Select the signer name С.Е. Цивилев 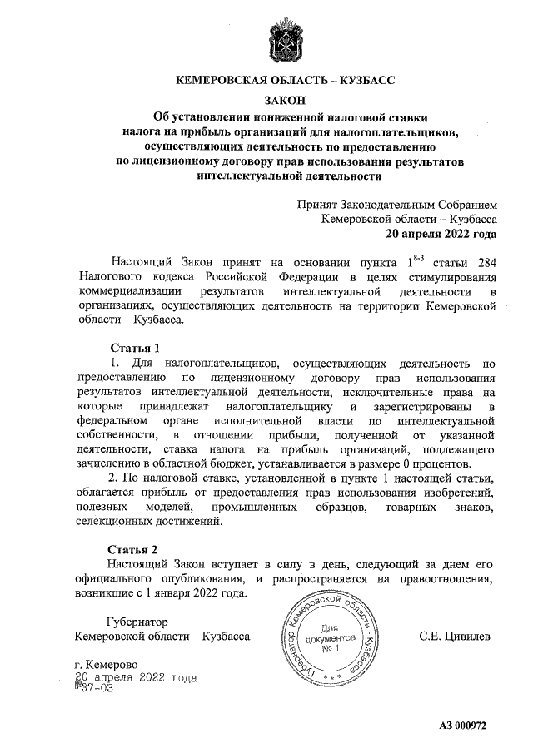click(455, 637)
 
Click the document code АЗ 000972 click(462, 725)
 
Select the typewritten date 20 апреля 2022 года click(135, 677)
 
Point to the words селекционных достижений click(149, 522)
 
